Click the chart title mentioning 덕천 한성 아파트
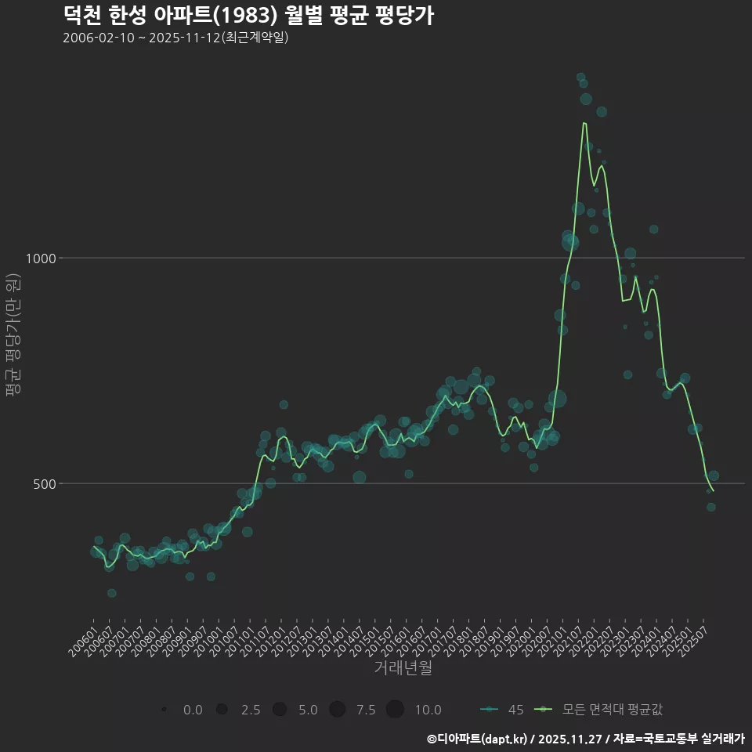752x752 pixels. (248, 16)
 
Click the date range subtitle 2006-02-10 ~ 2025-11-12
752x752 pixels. (175, 38)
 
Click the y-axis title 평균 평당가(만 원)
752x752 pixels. (12, 337)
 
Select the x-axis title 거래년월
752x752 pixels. (403, 667)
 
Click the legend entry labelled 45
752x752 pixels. (501, 710)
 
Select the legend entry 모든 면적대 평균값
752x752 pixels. (603, 710)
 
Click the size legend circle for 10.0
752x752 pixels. (395, 710)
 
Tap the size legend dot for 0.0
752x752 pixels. (164, 710)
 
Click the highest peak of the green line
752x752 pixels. (584, 123)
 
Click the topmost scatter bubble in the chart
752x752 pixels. (580, 77)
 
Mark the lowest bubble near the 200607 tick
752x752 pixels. (112, 593)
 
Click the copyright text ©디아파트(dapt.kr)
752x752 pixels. (478, 739)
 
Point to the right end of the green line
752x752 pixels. (713, 491)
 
